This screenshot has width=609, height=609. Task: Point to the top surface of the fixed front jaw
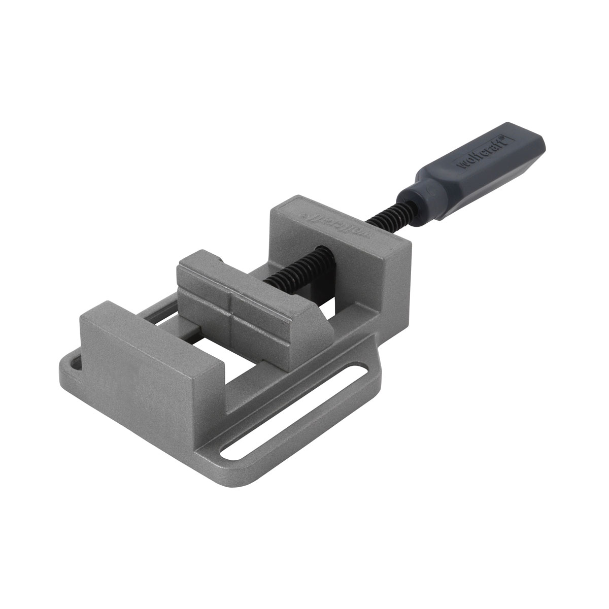(152, 335)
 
